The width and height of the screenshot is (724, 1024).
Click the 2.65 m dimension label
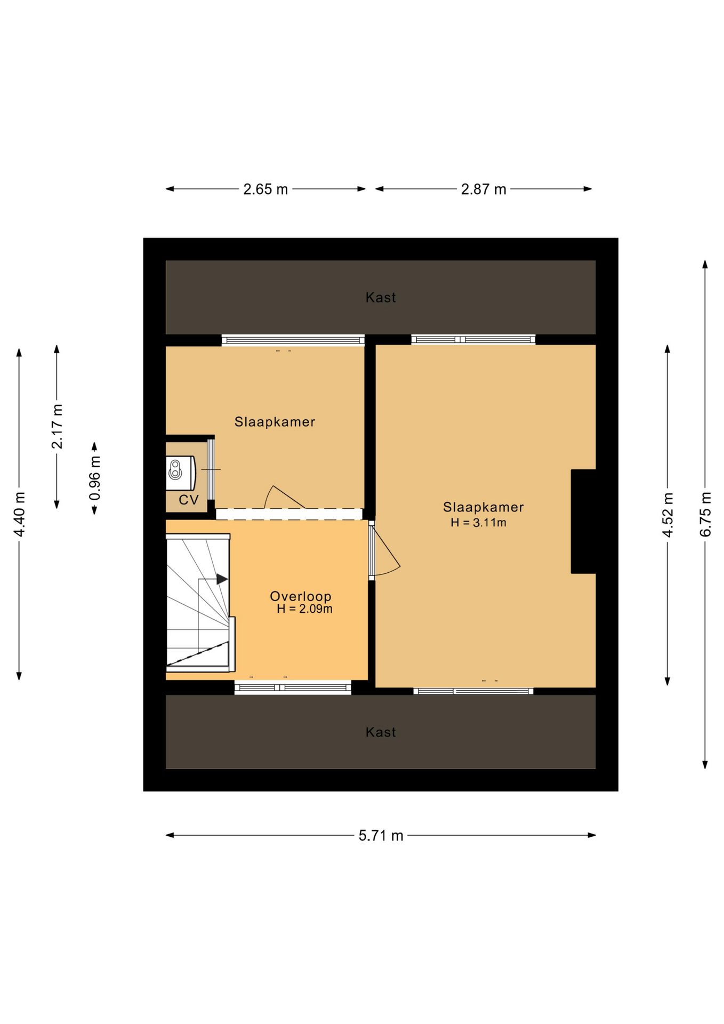coord(266,189)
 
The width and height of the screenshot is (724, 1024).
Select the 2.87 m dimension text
coord(484,189)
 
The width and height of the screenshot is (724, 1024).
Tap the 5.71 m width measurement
coord(381,836)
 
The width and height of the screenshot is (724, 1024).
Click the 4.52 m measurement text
coord(668,515)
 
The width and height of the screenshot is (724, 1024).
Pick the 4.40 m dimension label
coord(20,515)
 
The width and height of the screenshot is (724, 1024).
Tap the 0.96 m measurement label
coord(95,478)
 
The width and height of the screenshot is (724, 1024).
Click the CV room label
coord(189,500)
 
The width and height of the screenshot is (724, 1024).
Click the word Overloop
coord(301,596)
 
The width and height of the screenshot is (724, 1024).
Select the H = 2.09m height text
coord(304,609)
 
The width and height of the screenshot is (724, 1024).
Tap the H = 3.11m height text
coord(478,523)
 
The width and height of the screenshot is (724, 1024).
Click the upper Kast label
coord(381,298)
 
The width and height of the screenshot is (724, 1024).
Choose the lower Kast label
coord(381,732)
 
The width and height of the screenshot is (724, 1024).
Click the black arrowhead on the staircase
coord(222,579)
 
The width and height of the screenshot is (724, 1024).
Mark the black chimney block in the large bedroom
coord(583,522)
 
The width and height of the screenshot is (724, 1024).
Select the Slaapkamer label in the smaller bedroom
coord(275,422)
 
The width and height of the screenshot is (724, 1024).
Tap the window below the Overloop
coord(293,687)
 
